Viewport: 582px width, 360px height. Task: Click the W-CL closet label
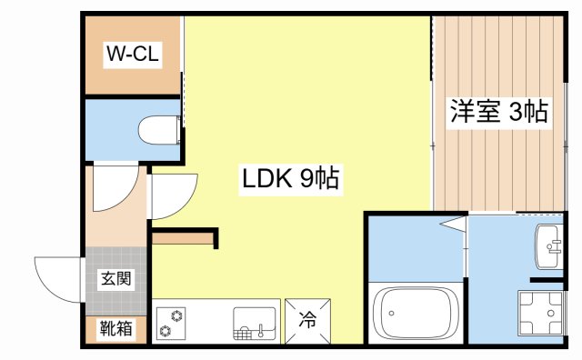tap(133, 55)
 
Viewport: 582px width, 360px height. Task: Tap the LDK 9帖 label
tap(290, 179)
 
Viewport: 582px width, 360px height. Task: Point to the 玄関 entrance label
tap(115, 279)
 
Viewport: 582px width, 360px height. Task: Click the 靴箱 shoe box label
tap(115, 328)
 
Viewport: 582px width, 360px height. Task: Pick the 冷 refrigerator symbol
tap(307, 320)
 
